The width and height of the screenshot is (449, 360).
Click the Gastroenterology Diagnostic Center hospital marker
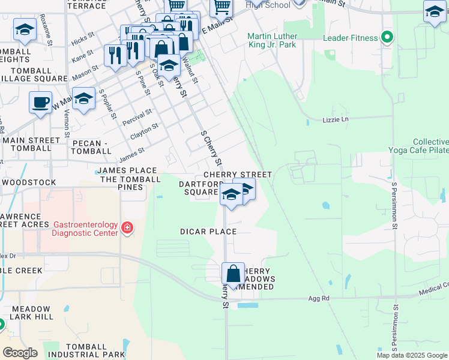point(127,228)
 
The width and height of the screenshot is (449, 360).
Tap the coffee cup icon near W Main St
point(40,102)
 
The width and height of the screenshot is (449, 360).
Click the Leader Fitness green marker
point(387,38)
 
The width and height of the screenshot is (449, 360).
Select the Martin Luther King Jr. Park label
point(272,40)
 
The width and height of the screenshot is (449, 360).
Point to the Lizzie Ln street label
point(335,119)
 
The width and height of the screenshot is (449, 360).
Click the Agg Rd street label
point(319,298)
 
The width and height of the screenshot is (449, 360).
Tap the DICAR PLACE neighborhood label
point(208,232)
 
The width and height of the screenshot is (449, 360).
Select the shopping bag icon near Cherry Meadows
point(233,274)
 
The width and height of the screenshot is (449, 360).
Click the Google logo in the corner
point(20,353)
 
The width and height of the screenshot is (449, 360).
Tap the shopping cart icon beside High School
point(221,7)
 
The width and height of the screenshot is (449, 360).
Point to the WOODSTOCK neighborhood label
point(29,182)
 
